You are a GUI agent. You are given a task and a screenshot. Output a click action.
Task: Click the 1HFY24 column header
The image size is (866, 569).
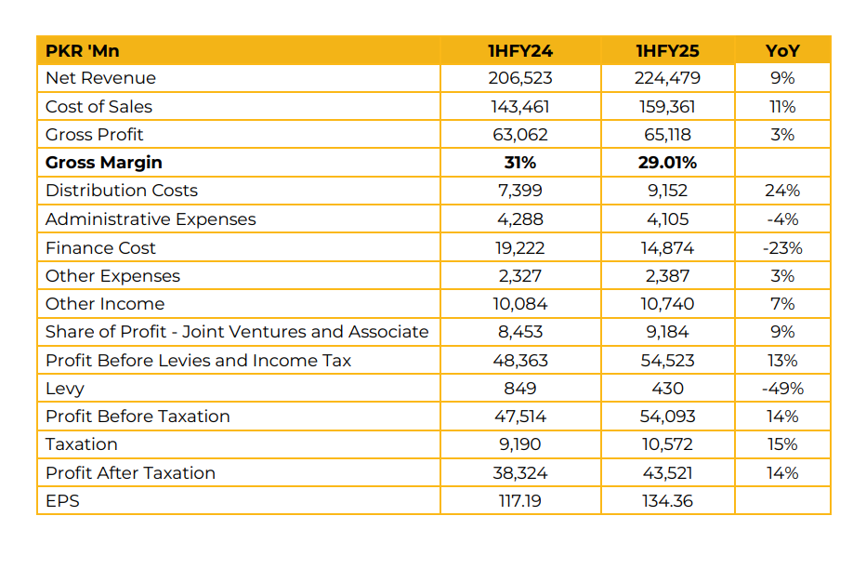click(x=519, y=50)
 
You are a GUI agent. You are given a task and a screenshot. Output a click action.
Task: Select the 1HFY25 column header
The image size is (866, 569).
click(x=667, y=50)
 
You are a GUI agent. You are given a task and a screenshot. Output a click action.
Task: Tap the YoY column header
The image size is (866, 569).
click(x=782, y=50)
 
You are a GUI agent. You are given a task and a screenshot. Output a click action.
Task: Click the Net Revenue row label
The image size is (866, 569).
click(x=100, y=78)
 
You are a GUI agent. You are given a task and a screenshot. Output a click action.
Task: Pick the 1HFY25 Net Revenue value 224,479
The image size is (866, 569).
click(x=667, y=78)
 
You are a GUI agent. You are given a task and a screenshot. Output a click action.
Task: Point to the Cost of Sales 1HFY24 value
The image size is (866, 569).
click(x=519, y=107)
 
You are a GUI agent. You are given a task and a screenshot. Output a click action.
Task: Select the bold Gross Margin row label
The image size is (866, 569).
click(x=103, y=163)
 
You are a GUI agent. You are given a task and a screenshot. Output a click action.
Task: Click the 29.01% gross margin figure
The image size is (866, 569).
click(x=667, y=163)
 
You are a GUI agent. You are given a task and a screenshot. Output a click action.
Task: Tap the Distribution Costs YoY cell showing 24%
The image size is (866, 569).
click(x=782, y=191)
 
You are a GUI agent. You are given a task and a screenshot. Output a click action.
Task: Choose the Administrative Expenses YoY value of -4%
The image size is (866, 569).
click(x=782, y=219)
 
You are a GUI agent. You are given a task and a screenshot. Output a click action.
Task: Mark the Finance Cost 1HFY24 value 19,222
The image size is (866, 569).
click(x=519, y=248)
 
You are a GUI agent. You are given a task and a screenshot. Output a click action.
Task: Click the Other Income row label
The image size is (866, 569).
click(x=105, y=304)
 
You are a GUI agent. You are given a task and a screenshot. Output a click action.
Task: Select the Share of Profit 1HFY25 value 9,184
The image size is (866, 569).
click(x=667, y=332)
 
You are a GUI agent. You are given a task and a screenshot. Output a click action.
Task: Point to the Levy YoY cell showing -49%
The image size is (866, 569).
click(x=782, y=389)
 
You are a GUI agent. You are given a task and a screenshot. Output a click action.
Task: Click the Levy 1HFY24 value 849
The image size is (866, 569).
click(x=519, y=389)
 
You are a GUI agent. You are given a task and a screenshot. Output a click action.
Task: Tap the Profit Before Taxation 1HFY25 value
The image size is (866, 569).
click(x=667, y=417)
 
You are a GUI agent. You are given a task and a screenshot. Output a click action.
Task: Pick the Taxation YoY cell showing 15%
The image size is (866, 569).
click(x=782, y=444)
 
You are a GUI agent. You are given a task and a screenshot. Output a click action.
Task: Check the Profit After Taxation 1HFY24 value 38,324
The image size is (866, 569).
click(x=519, y=473)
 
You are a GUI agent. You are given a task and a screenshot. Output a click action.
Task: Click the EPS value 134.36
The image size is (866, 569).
click(x=667, y=501)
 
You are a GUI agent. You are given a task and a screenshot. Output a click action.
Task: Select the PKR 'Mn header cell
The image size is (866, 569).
click(x=83, y=50)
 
